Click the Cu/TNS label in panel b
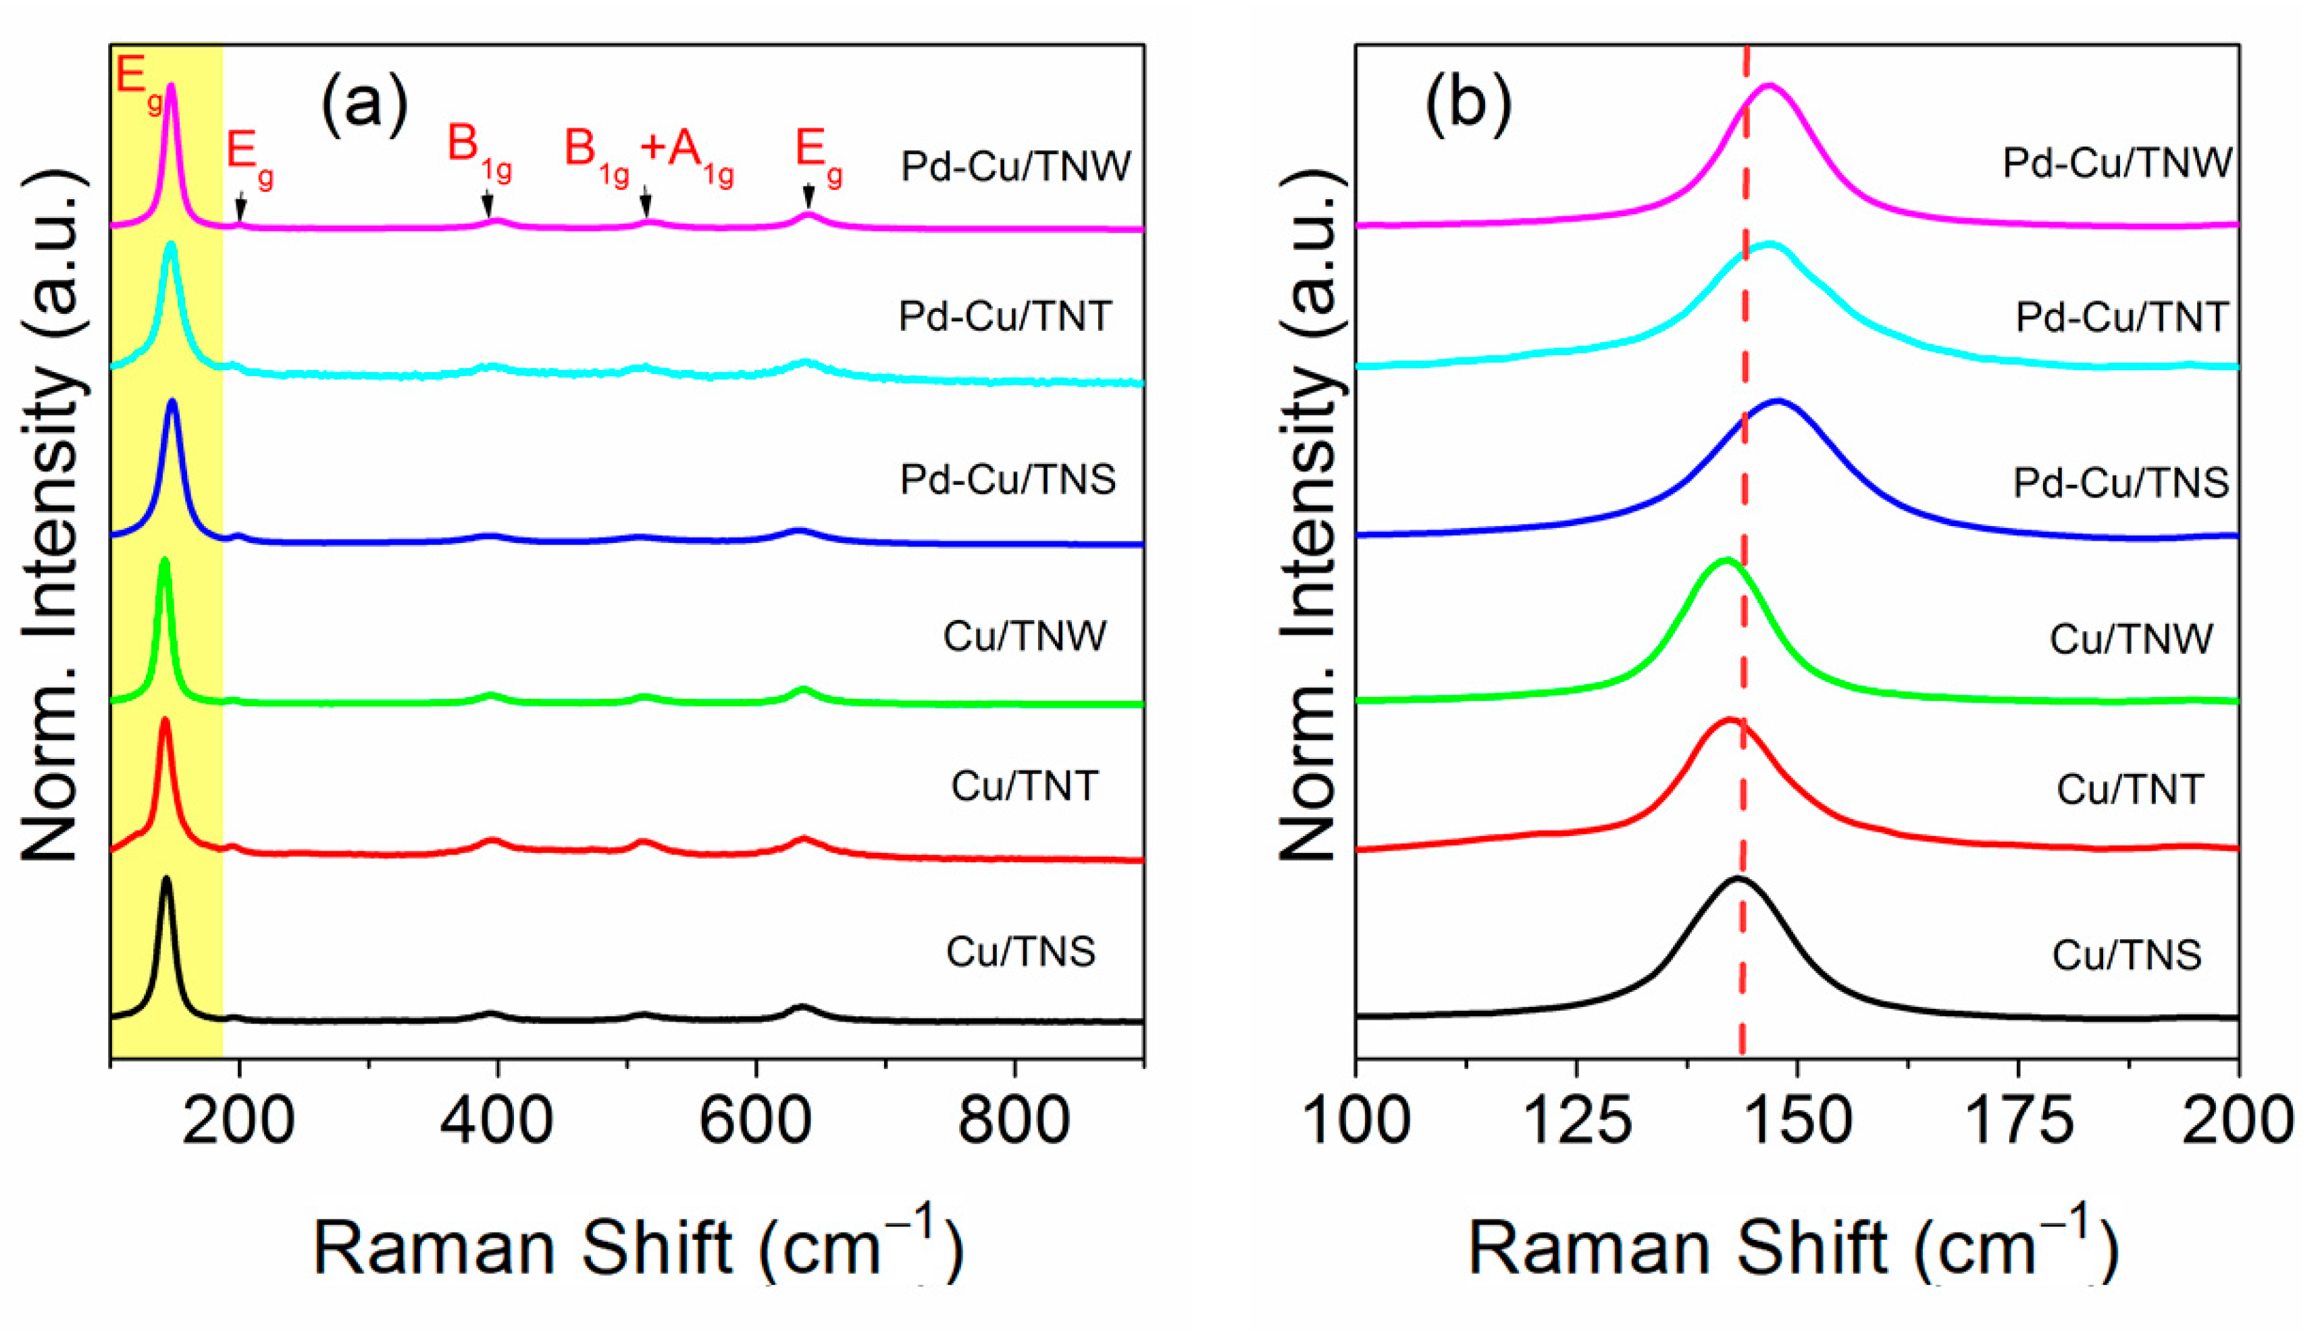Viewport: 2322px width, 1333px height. (2126, 955)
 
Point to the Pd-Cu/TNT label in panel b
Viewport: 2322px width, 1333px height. (2121, 317)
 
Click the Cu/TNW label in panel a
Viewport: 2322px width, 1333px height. (1024, 636)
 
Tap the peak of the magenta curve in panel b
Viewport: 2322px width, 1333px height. (1769, 85)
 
